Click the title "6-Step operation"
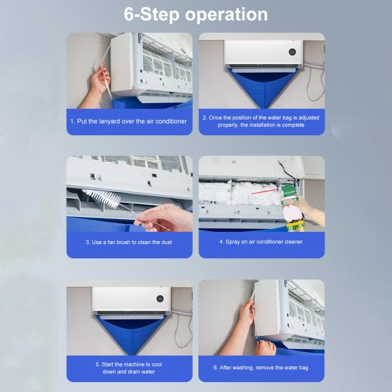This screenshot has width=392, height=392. click(196, 15)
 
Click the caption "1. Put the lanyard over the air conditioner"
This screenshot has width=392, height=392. click(129, 122)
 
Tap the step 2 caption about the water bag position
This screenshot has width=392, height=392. click(261, 121)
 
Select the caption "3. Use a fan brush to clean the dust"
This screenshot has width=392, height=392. click(129, 243)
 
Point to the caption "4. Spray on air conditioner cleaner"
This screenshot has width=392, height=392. click(261, 242)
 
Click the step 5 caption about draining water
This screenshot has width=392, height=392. click(129, 368)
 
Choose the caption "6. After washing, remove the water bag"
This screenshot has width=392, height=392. click(261, 368)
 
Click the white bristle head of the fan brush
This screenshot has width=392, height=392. click(102, 198)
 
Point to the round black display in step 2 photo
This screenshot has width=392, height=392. click(292, 52)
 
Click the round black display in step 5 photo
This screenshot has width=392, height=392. click(160, 299)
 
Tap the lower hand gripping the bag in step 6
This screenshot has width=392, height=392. click(265, 347)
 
